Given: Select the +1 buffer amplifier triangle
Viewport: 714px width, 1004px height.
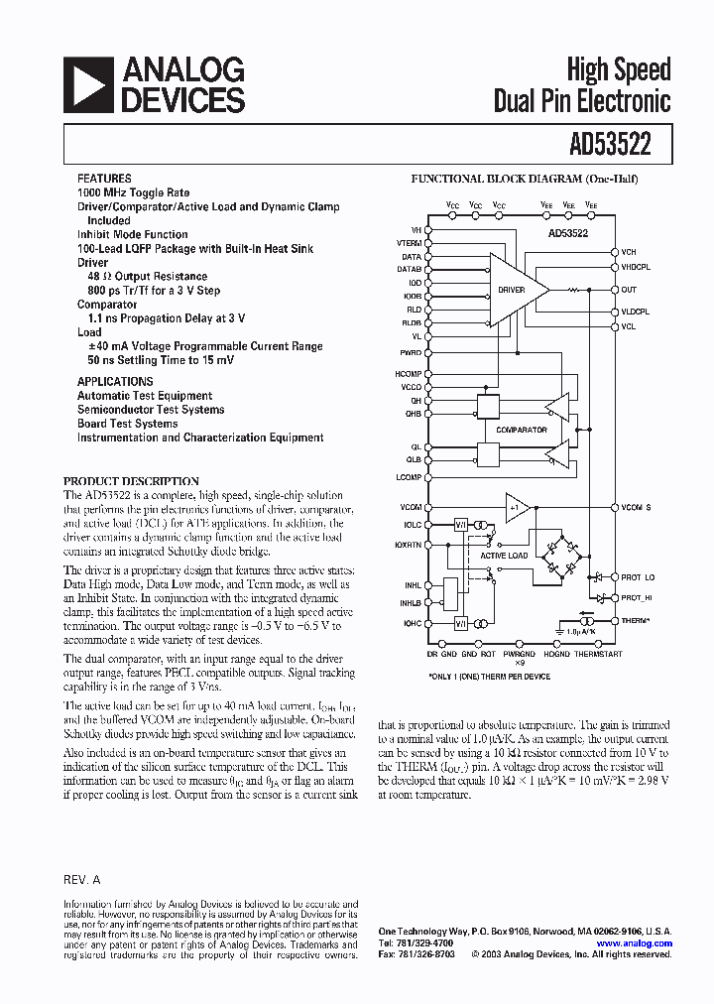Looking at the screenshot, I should point(517,507).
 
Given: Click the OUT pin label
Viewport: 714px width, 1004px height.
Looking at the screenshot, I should point(629,290).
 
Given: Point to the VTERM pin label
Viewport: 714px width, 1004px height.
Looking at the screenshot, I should point(409,242).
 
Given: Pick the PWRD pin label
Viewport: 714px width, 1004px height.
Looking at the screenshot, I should point(412,352).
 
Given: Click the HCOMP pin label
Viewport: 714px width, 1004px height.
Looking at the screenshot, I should point(410,373).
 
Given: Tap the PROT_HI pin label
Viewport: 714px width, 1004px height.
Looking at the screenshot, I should point(640,597).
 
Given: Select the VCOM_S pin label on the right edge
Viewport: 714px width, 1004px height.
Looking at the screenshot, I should point(637,507).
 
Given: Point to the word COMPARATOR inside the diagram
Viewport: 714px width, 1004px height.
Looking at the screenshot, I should point(522,430).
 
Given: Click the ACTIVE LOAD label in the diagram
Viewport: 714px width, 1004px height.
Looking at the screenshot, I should point(505,556).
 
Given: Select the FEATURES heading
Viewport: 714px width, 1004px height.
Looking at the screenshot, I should point(103,179).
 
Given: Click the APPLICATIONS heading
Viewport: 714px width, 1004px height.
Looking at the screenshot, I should point(115,381).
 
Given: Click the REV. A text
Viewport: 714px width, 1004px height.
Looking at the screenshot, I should point(81,879).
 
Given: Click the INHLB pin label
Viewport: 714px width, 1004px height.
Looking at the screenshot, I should point(411,602).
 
